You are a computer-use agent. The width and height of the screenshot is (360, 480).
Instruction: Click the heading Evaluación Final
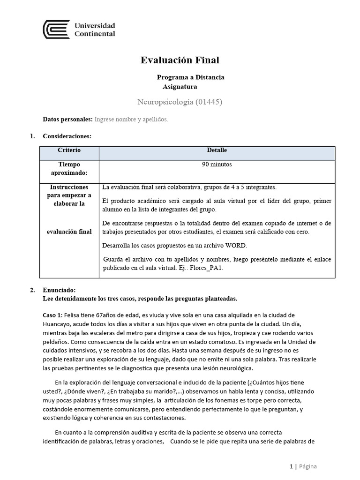[180, 60]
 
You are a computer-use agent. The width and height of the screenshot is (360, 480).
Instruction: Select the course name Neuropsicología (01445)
[180, 101]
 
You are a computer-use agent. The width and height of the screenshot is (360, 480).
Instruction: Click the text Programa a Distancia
[190, 77]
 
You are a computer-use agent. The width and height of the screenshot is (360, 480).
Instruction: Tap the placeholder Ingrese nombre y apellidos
[131, 120]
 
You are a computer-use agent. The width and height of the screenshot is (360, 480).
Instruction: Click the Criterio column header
[69, 150]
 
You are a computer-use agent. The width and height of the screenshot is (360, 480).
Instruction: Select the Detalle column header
[217, 150]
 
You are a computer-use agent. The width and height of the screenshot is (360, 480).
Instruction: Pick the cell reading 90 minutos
[217, 165]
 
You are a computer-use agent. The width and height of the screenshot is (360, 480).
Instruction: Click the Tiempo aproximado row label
[69, 168]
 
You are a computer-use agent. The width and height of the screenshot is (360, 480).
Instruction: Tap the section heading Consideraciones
[67, 136]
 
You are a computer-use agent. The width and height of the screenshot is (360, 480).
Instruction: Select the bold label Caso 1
[52, 315]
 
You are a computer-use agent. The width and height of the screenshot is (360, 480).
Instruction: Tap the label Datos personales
[67, 120]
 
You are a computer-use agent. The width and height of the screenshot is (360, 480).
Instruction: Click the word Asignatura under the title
[180, 86]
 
